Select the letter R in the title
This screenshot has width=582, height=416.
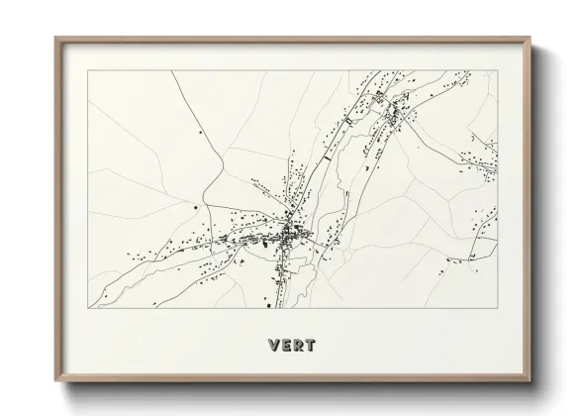[x=298, y=346]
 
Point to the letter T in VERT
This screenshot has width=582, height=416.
[x=311, y=346]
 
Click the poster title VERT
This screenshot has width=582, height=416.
[x=291, y=346]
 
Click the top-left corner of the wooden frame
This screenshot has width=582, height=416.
[x=55, y=38]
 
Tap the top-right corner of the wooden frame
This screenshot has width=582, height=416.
[x=532, y=38]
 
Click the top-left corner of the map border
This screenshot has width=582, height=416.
[x=88, y=70]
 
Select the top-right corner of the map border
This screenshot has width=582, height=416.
[x=498, y=70]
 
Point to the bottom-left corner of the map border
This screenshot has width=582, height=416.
[x=88, y=308]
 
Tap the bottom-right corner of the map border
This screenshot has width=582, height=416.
[x=498, y=308]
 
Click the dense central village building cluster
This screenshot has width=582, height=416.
[x=289, y=235]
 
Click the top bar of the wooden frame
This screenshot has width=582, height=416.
[x=293, y=39]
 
